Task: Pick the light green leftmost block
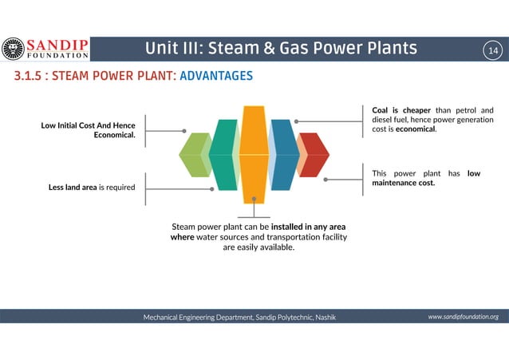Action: [x=194, y=154]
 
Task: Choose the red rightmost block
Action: [x=313, y=154]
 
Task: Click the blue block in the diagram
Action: [x=282, y=154]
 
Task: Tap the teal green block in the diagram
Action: [x=224, y=154]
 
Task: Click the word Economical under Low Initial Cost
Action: [x=114, y=135]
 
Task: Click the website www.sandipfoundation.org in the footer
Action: [x=463, y=317]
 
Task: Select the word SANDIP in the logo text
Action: [x=58, y=43]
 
